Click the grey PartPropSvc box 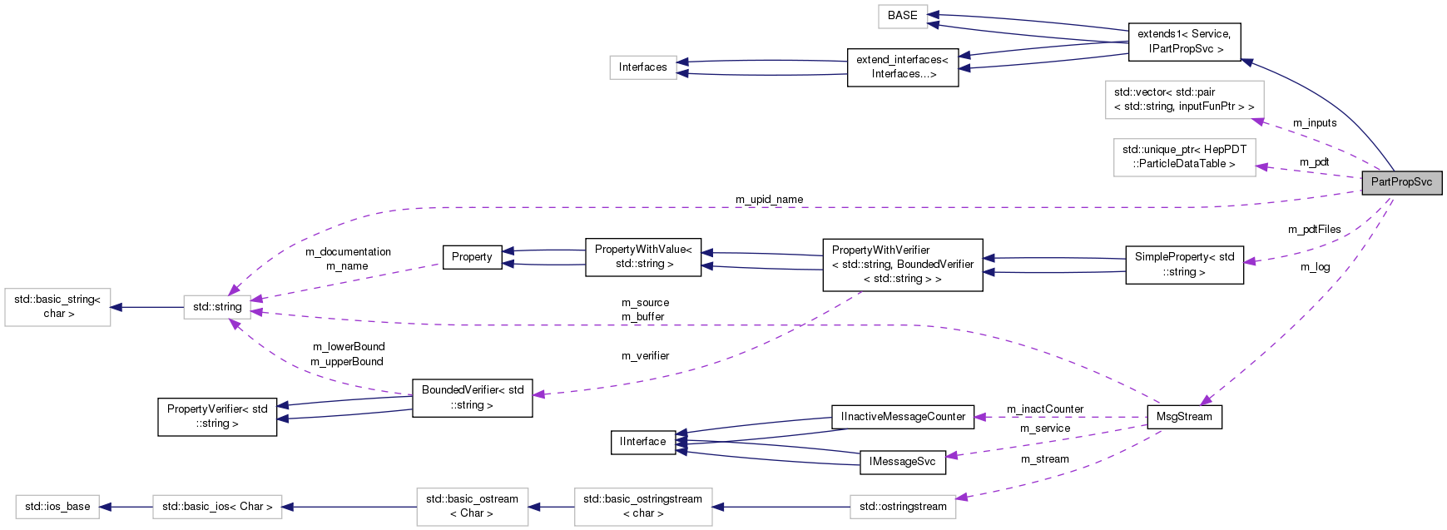(x=1401, y=182)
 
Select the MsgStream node (x=1184, y=417)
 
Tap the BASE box (x=902, y=16)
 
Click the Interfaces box (x=642, y=67)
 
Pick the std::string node (x=217, y=307)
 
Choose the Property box (x=472, y=257)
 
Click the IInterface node (x=642, y=442)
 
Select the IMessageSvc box (x=902, y=462)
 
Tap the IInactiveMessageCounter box (x=903, y=417)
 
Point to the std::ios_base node (x=57, y=507)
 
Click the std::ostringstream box (x=903, y=507)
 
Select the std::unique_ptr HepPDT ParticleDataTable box (x=1184, y=156)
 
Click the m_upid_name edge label (x=769, y=200)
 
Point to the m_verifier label (x=645, y=356)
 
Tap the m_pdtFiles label (x=1314, y=230)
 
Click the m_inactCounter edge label (x=1044, y=409)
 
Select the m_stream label (x=1044, y=459)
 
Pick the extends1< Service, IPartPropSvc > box (x=1184, y=42)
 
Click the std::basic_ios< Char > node (x=217, y=507)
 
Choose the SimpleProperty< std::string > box (x=1184, y=265)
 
